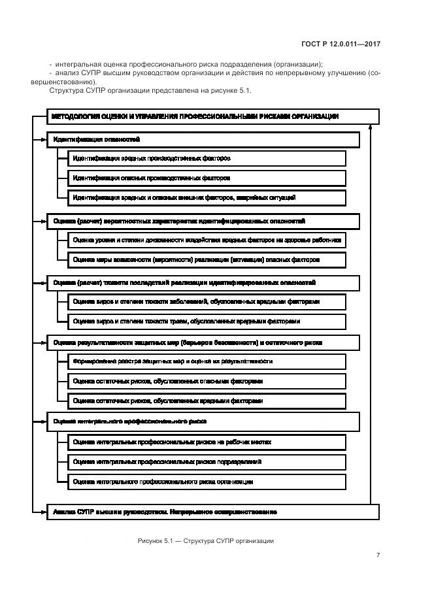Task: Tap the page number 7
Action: click(x=378, y=555)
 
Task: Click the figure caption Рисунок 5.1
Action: click(x=206, y=540)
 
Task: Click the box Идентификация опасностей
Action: click(x=203, y=140)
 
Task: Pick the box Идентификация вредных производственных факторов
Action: click(x=207, y=159)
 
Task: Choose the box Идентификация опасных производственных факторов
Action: click(x=207, y=178)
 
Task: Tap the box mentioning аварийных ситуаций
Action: click(x=207, y=197)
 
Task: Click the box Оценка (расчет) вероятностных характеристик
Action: click(x=203, y=222)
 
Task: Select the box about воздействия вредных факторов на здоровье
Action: click(x=207, y=240)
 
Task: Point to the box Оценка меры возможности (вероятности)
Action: click(x=207, y=259)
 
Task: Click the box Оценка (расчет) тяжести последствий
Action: click(x=203, y=283)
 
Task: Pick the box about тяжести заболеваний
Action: click(x=207, y=302)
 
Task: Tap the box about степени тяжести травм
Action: click(x=207, y=321)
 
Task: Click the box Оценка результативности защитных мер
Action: click(x=203, y=342)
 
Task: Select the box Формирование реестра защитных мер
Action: click(x=207, y=361)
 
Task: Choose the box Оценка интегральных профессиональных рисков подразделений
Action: click(x=207, y=461)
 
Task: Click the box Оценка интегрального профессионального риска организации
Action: click(x=207, y=482)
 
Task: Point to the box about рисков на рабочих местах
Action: click(x=207, y=442)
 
